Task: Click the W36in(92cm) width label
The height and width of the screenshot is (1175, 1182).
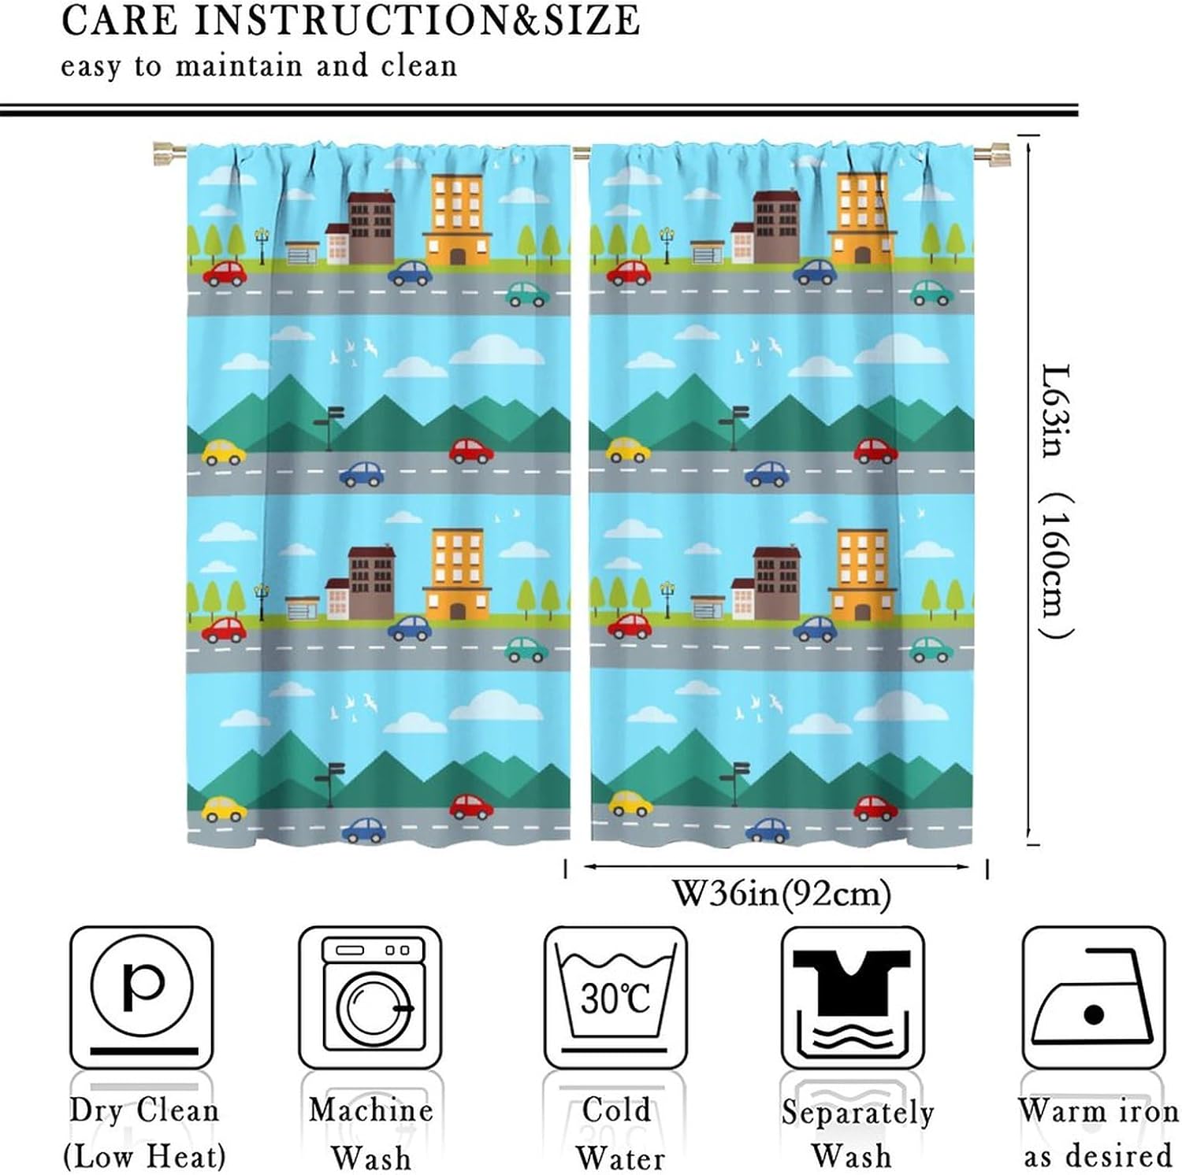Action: tap(781, 894)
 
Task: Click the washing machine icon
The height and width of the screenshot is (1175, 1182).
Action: tap(370, 997)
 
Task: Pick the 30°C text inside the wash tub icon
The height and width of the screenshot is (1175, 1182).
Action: tap(615, 999)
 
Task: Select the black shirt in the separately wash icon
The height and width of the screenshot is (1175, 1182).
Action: tap(852, 980)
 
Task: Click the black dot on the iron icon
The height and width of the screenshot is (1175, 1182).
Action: tap(1094, 1014)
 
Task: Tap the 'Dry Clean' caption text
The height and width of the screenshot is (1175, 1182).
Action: tap(144, 1110)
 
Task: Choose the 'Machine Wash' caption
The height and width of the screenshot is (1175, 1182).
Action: tap(371, 1134)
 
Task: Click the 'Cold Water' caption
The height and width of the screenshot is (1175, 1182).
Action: tap(619, 1134)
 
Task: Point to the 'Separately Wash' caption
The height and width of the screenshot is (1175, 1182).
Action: tap(857, 1134)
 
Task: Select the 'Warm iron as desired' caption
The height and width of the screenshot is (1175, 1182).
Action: tap(1098, 1134)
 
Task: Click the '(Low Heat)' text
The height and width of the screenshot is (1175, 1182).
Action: tap(144, 1157)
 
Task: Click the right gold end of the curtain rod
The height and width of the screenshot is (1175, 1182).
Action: tap(992, 152)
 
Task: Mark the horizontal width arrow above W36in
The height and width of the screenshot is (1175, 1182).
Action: tap(776, 867)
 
